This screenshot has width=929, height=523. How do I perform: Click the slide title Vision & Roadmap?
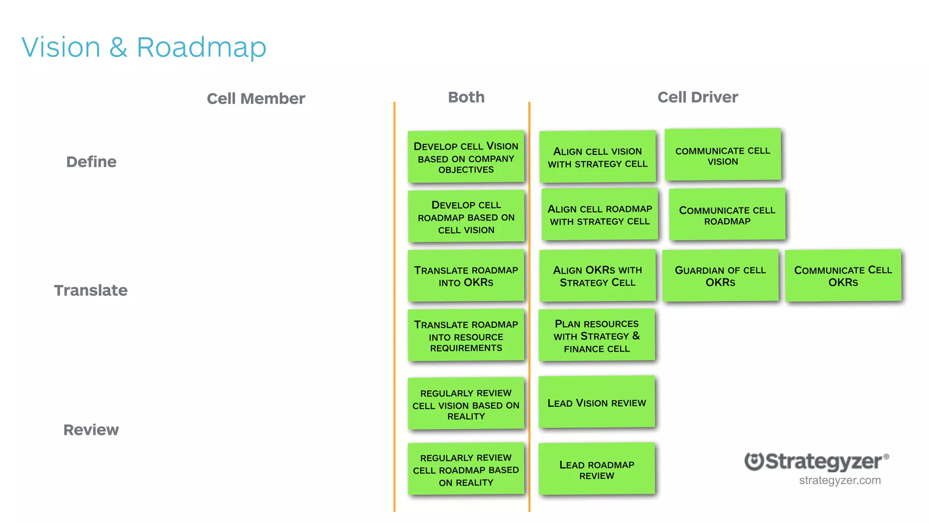pos(144,47)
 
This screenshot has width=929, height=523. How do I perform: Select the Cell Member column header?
pos(256,99)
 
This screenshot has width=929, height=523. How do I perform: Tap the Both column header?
pos(466,97)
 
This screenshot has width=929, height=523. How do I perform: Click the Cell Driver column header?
pos(698,97)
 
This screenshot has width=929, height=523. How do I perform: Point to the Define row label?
pos(91,162)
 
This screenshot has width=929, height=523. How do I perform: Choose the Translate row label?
pos(91,290)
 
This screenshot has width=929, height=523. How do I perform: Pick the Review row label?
pos(91,429)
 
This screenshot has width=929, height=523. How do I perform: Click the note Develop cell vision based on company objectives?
pos(466,157)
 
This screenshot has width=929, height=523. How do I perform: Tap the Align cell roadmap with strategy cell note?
pos(600,215)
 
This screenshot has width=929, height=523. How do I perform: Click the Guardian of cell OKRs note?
pos(720,276)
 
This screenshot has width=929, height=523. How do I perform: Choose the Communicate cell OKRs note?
pos(843,276)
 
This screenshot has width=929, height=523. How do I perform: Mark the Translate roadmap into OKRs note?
pos(466,276)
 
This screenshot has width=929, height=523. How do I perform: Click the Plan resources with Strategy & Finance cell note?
pos(597,336)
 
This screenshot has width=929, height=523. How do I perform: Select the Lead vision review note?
pos(597,402)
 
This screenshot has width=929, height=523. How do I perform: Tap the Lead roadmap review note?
pos(597,469)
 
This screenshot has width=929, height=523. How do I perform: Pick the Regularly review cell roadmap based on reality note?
pos(466,469)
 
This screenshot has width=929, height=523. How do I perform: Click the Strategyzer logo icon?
pos(754,462)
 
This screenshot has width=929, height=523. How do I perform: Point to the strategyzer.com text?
pos(840,480)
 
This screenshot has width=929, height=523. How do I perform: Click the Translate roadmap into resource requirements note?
pos(466,336)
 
